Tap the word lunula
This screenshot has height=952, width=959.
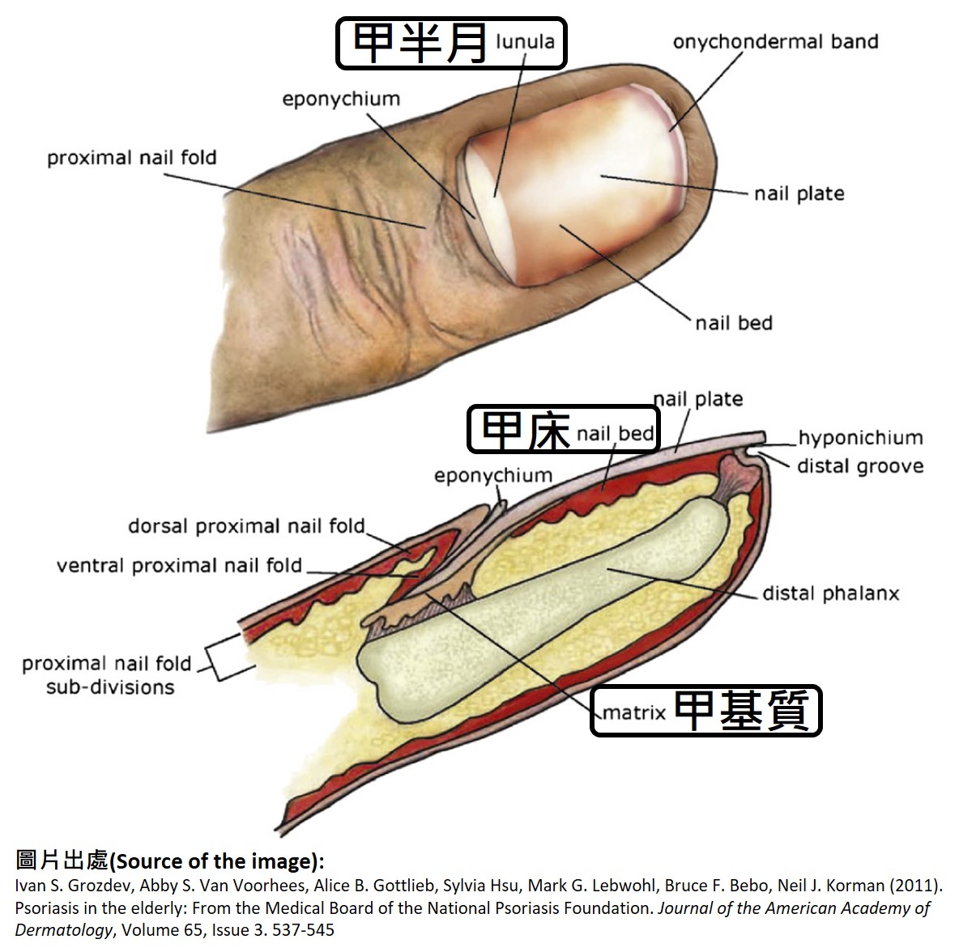click(525, 41)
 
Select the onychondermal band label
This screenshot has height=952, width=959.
click(775, 42)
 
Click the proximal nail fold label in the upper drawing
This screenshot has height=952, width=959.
click(132, 157)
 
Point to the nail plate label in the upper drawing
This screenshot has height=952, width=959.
click(799, 194)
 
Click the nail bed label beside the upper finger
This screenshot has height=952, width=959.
click(734, 323)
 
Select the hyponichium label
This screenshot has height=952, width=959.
click(860, 438)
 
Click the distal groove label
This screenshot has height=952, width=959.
click(860, 466)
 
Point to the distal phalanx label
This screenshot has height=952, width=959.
click(831, 593)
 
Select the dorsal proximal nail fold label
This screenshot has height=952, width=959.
click(246, 526)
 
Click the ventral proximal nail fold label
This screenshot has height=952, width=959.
click(179, 565)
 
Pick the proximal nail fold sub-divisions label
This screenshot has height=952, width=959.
click(107, 675)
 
